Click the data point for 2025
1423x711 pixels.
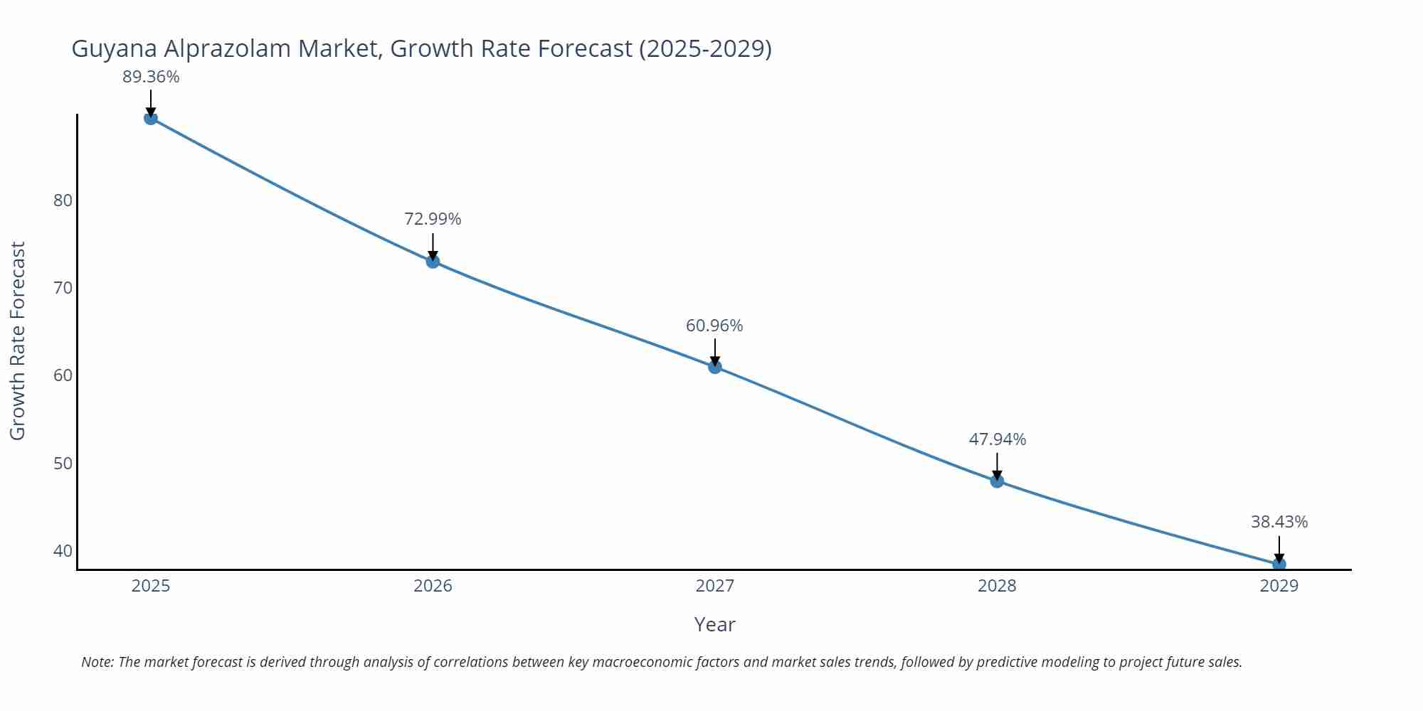(151, 118)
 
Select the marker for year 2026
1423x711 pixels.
(433, 262)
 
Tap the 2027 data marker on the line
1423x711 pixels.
(715, 367)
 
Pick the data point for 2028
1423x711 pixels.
(997, 481)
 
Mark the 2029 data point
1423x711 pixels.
(1279, 565)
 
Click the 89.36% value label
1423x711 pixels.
(151, 77)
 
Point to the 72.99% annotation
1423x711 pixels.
(433, 219)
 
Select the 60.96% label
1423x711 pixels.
(714, 326)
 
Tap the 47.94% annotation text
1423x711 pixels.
(997, 439)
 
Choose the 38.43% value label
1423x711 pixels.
(1279, 522)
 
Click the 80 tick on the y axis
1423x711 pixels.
(63, 201)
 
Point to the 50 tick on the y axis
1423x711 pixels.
(63, 464)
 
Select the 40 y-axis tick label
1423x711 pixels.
(63, 551)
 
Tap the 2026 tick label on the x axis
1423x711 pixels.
(433, 586)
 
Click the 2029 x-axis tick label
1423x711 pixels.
(1279, 586)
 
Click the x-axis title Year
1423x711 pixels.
(714, 624)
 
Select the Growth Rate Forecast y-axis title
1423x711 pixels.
(18, 341)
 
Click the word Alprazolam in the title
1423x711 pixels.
(229, 48)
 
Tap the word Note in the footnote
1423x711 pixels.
(97, 662)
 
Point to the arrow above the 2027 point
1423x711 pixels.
(715, 351)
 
